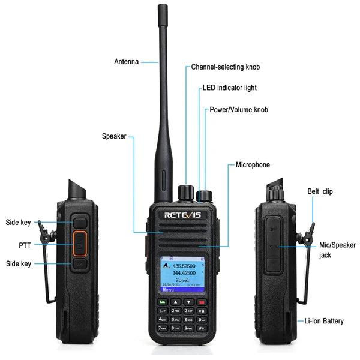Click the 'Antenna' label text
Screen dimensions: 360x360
click(x=127, y=61)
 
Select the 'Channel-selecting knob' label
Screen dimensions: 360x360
click(x=225, y=67)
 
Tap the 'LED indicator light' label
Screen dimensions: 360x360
click(x=229, y=88)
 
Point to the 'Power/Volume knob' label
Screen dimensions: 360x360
click(x=238, y=110)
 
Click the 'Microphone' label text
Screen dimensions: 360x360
click(x=253, y=165)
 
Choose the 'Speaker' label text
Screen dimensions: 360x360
click(x=114, y=136)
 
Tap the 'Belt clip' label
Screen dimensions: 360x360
click(x=319, y=191)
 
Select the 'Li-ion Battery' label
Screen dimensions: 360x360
click(x=325, y=322)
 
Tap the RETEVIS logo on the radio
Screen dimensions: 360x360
click(x=184, y=214)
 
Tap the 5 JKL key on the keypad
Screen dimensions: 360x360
click(x=175, y=319)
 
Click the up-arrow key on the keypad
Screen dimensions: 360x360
click(x=175, y=302)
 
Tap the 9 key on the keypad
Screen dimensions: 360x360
click(x=189, y=328)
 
